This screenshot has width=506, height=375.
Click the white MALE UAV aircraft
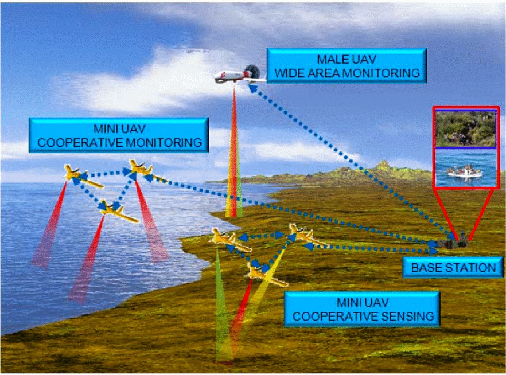pos(238,76)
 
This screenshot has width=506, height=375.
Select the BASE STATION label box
pos(449,267)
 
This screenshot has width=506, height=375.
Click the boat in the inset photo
pos(465,171)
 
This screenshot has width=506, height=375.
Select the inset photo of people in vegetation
pos(465,128)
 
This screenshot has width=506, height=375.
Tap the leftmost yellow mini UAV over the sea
pos(77,173)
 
